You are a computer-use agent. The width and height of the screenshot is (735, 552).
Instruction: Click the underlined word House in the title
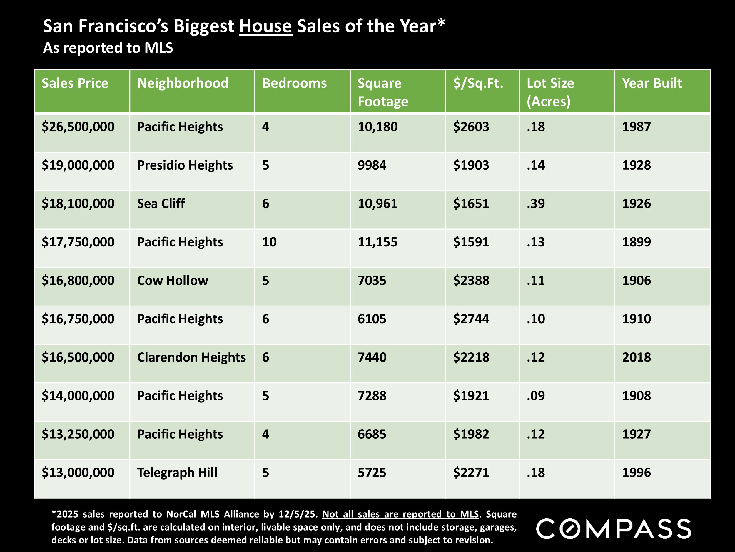(x=265, y=26)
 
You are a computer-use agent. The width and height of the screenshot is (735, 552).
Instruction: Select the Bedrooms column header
(x=294, y=83)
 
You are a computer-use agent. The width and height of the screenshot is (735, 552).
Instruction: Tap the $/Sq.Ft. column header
(x=478, y=83)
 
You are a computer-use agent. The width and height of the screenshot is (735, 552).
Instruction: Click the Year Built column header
(x=652, y=83)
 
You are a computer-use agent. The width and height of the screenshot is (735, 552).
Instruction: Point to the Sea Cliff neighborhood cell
(x=161, y=204)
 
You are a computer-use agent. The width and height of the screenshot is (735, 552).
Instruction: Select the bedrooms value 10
(x=269, y=242)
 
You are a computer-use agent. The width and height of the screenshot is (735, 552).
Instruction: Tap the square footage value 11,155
(x=377, y=242)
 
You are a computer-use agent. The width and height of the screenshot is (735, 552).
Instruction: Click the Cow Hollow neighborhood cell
(x=173, y=281)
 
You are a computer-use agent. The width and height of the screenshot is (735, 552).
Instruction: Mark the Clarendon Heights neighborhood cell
(x=191, y=357)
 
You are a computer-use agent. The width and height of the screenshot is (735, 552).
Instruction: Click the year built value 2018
(x=636, y=357)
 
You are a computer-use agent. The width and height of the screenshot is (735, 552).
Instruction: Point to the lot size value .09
(x=536, y=396)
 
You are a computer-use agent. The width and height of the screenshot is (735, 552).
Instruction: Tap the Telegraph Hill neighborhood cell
(x=177, y=473)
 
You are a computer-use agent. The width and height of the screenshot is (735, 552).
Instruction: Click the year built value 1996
(x=636, y=473)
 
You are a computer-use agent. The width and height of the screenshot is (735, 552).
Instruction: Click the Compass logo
(x=613, y=529)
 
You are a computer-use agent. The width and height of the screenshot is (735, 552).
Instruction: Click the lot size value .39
(x=536, y=204)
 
